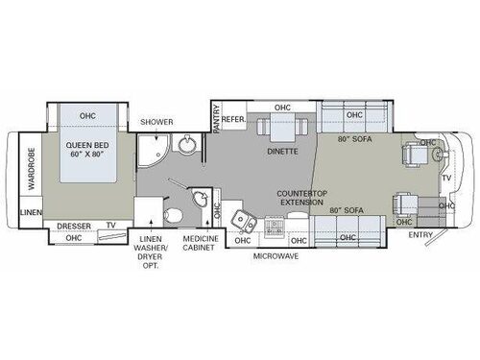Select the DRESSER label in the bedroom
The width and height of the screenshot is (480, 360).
click(75, 227)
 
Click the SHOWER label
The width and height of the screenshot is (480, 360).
click(156, 122)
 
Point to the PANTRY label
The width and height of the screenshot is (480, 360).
click(217, 118)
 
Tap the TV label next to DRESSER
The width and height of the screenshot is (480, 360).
click(112, 227)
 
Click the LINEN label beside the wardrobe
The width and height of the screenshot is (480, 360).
click(30, 211)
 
